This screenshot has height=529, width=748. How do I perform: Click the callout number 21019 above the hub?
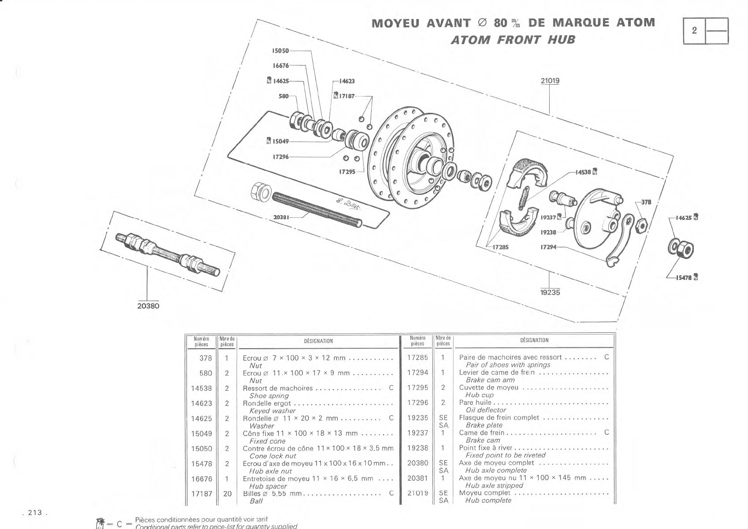[x=550, y=81]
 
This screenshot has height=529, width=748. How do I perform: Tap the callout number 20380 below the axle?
[x=148, y=306]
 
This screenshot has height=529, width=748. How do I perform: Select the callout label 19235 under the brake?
[x=550, y=293]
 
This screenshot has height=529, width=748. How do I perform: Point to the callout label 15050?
[x=280, y=51]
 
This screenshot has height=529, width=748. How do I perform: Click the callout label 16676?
[x=281, y=65]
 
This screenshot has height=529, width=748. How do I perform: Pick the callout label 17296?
[x=281, y=156]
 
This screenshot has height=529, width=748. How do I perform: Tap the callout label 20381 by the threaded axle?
[x=281, y=217]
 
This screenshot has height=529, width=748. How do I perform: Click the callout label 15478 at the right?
[x=684, y=278]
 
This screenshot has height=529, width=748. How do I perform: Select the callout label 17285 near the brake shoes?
[x=501, y=247]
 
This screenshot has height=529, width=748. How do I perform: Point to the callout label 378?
[x=646, y=202]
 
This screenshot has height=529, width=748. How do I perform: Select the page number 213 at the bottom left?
[x=35, y=512]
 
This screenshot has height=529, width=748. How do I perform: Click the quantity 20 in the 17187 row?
[x=227, y=494]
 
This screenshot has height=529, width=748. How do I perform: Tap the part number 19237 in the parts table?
[x=417, y=433]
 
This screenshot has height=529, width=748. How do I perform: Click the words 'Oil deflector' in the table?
[x=486, y=410]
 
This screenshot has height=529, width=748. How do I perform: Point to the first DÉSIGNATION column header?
[x=318, y=341]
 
